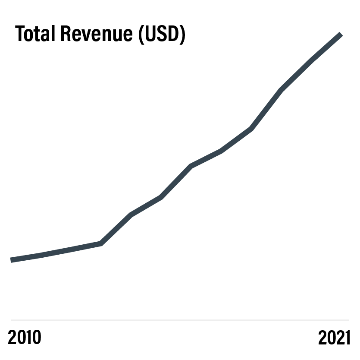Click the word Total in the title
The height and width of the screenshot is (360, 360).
coord(35,34)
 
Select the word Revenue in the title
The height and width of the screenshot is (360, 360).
coord(97,34)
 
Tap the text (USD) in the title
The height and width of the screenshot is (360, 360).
coord(162,34)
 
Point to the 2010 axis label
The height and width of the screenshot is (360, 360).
coord(24,337)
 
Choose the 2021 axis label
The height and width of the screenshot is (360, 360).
coord(334,337)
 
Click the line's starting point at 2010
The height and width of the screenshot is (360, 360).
coord(11,260)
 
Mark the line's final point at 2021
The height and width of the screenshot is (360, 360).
coord(341,34)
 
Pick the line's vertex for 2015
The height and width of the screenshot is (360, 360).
coord(161,197)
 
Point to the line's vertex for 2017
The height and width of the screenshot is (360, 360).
coord(221,151)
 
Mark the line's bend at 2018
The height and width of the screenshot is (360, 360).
coord(251,129)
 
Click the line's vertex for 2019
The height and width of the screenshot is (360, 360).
coord(281,90)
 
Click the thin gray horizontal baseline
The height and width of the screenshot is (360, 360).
coord(180,320)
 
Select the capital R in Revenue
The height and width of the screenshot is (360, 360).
coord(66,34)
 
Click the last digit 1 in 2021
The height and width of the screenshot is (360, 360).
coord(347,337)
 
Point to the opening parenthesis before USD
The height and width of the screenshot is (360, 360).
coord(141,35)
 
